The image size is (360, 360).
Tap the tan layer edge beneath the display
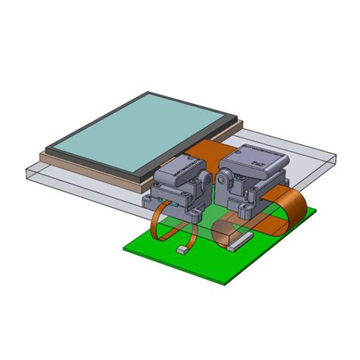pos(91,168)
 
